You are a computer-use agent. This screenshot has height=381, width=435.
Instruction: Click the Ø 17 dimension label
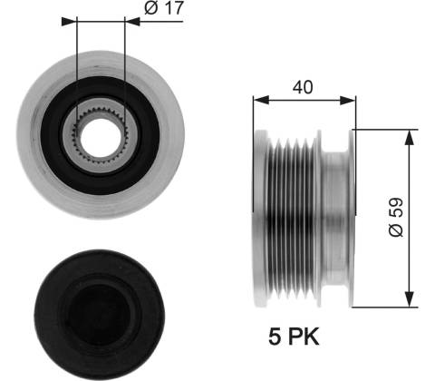[164, 8]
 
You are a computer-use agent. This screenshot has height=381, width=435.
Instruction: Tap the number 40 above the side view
[303, 87]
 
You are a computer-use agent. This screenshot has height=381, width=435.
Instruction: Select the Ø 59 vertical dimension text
[396, 217]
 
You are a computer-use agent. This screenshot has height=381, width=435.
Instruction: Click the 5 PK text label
[294, 337]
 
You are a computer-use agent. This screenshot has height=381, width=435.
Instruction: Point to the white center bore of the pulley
[101, 138]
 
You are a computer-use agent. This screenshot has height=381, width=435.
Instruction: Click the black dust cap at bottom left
[100, 315]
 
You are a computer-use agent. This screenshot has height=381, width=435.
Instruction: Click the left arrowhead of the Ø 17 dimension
[69, 22]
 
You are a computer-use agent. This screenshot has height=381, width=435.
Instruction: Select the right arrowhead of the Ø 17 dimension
[132, 22]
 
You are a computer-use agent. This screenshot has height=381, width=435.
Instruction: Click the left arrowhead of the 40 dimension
[261, 100]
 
